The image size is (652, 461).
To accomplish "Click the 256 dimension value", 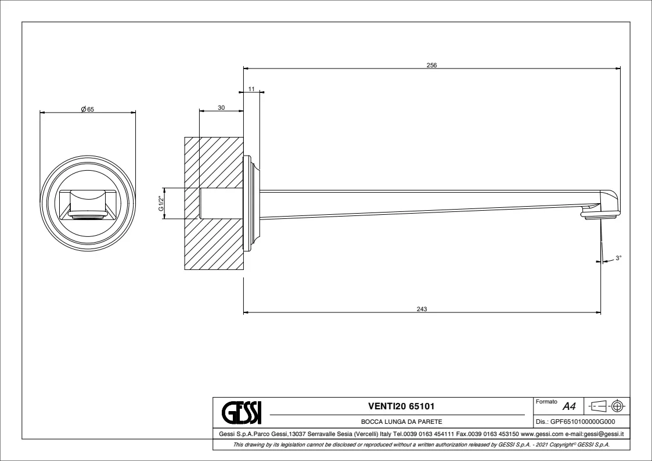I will [x=431, y=65].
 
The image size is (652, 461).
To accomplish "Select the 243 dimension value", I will [x=422, y=309].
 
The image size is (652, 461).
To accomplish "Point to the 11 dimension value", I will [x=251, y=89].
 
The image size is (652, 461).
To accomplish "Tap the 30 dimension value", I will [x=221, y=107].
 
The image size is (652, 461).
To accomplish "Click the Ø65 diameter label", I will [x=88, y=109].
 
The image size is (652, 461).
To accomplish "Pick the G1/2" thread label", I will [x=161, y=203].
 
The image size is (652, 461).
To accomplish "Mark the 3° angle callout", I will [x=618, y=258].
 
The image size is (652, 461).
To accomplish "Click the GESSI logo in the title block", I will [x=241, y=412].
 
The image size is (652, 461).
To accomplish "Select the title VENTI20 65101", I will [x=401, y=406].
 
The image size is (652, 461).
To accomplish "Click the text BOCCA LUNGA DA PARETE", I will [x=401, y=423].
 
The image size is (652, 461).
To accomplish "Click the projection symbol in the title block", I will [x=607, y=405].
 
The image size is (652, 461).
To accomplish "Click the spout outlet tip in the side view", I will [x=601, y=217].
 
